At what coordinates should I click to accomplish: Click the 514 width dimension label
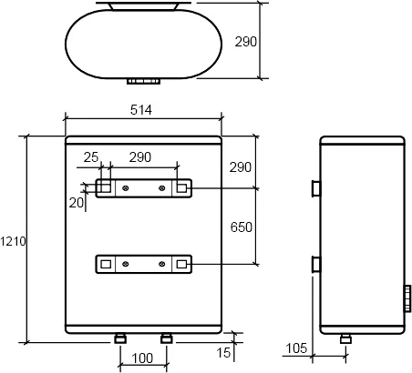click(141, 110)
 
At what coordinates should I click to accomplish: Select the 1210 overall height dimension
click(13, 241)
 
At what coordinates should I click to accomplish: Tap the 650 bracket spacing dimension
click(242, 227)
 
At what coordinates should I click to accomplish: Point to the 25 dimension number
click(91, 157)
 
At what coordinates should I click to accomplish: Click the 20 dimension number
click(77, 203)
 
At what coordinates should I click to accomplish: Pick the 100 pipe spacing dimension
click(142, 358)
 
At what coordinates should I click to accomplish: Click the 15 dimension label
click(223, 353)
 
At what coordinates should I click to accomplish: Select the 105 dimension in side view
click(296, 348)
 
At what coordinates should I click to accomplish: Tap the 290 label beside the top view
click(246, 42)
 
